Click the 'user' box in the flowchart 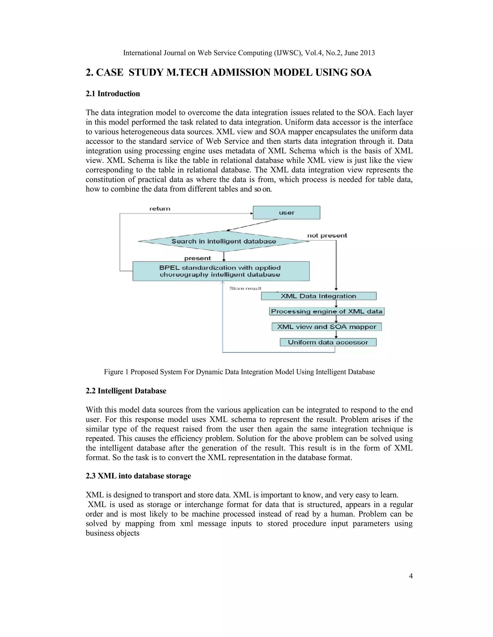point(286,213)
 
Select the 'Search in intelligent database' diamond point(223,241)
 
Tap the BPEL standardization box point(221,271)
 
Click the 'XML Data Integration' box point(318,296)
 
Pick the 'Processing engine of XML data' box point(326,312)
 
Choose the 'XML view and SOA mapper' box point(326,327)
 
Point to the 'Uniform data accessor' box point(328,342)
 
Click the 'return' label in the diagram point(160,209)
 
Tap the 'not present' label point(327,235)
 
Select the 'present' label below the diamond point(197,258)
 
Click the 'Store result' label point(245,288)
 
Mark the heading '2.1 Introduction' point(113,94)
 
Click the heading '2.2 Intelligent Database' point(126,391)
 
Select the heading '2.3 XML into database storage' point(138,476)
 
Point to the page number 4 point(411,576)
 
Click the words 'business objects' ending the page point(112,533)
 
